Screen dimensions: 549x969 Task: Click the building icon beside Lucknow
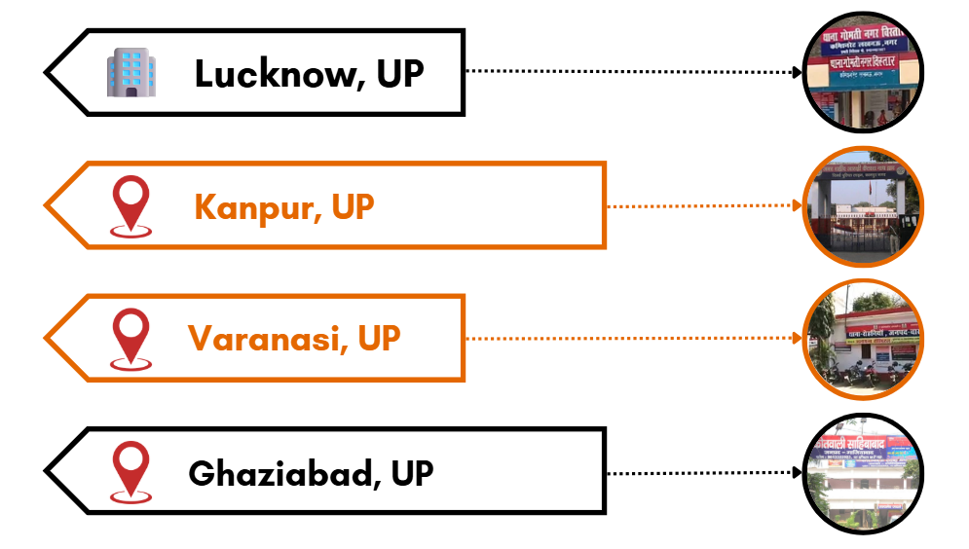coord(131,73)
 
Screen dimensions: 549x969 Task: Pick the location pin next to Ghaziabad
coord(131,472)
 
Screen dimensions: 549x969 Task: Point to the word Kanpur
coord(256,206)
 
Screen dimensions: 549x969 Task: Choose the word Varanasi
coord(266,339)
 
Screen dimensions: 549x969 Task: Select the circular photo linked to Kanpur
coord(863,205)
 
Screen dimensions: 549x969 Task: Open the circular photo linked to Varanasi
coord(863,339)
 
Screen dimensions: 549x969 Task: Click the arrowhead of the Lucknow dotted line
coord(796,72)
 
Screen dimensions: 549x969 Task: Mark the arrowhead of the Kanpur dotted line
coord(796,205)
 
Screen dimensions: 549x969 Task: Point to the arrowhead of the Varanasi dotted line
coord(796,339)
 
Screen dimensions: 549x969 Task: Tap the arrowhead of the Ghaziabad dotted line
coord(796,473)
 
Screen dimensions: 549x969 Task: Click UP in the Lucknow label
coord(399,74)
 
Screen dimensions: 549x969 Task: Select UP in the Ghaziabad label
coord(412,473)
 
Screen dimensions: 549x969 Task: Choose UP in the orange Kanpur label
coord(353,206)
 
